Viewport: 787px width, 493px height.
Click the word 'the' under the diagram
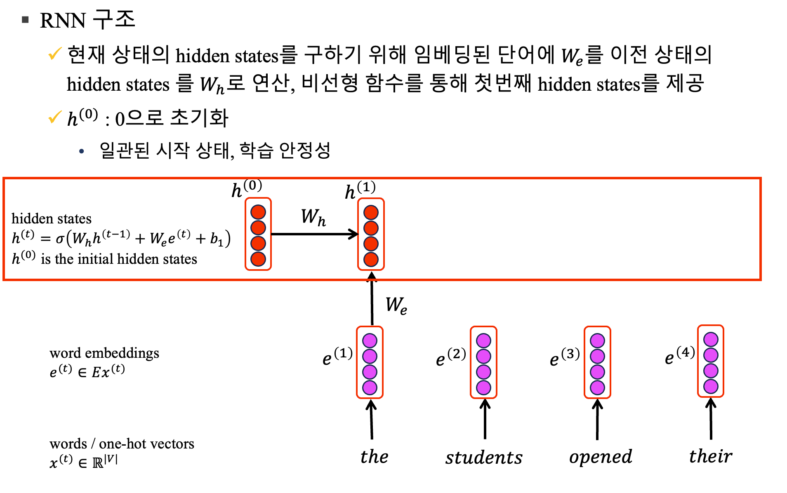tap(374, 457)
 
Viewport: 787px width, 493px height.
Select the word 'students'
tap(484, 458)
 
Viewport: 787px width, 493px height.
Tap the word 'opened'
tap(601, 457)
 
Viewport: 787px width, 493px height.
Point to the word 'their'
tap(711, 456)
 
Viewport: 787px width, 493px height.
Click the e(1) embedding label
tap(337, 356)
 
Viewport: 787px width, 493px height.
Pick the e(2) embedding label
tap(451, 357)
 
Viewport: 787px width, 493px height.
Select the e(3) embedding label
tap(565, 357)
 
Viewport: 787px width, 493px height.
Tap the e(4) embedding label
tap(679, 355)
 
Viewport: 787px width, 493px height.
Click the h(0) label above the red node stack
tap(247, 189)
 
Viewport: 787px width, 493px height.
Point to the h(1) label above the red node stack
tap(360, 190)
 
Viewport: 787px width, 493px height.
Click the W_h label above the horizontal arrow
tap(313, 217)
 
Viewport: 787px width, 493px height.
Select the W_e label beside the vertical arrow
tap(396, 305)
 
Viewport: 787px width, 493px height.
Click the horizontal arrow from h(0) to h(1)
tap(313, 234)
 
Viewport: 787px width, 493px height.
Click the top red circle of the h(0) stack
tap(258, 212)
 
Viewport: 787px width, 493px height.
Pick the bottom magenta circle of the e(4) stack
tap(711, 386)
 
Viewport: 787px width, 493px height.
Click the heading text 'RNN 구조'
tap(87, 20)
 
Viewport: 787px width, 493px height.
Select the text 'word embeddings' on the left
tap(104, 353)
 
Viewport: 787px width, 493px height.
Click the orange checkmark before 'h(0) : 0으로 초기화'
tap(55, 117)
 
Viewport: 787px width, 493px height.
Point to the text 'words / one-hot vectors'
tap(122, 444)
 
